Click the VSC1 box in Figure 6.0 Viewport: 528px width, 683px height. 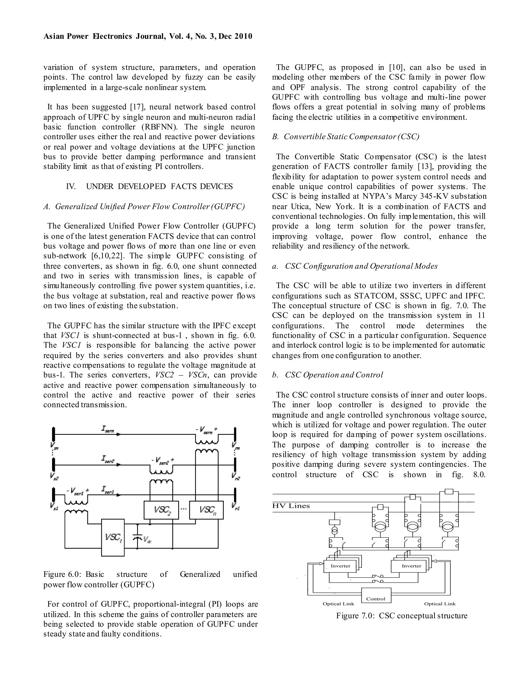(113, 537)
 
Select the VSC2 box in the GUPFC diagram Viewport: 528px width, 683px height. (161, 510)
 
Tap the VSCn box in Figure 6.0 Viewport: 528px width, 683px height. (207, 510)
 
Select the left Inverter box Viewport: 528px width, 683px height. (340, 566)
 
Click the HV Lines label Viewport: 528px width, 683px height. (291, 506)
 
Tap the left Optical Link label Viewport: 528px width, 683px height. (338, 604)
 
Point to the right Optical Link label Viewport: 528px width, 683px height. (440, 604)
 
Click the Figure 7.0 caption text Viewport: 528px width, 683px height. (402, 616)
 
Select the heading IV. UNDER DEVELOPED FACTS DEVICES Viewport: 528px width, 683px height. (150, 187)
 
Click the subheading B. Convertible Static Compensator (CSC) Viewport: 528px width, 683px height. (346, 137)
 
